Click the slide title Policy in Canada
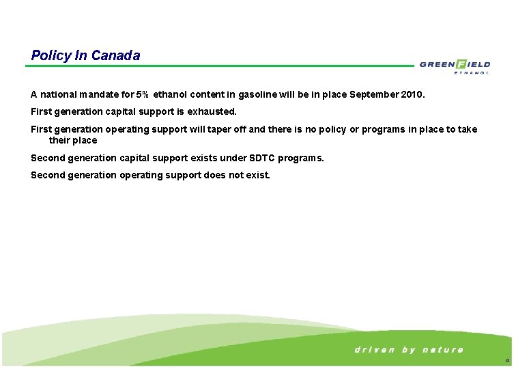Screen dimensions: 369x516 [x=85, y=55]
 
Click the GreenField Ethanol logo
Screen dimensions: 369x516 [x=455, y=66]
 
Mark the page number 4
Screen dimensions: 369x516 [x=506, y=360]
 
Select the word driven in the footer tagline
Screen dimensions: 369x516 [x=374, y=350]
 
